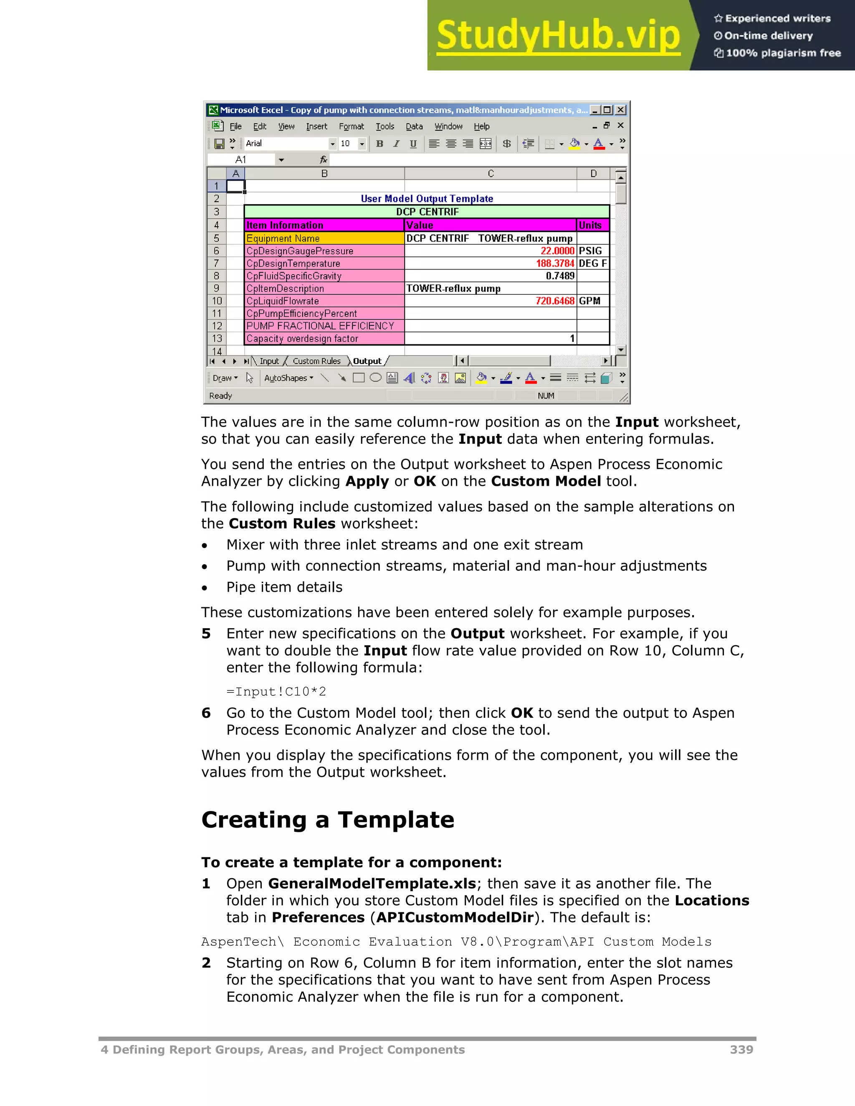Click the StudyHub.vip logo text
pos(558,35)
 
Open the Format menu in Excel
pos(351,126)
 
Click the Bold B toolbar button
pos(379,144)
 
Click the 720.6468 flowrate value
pos(555,301)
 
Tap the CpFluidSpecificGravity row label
pos(294,276)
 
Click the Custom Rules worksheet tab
pos(316,361)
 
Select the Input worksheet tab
pos(269,361)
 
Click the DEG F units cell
pos(592,263)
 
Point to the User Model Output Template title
pos(427,199)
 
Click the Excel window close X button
pos(620,110)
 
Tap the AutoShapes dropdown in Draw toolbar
pos(288,378)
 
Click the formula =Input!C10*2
pos(276,691)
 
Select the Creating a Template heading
pos(328,820)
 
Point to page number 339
pos(741,1050)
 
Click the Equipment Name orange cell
pos(324,238)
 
